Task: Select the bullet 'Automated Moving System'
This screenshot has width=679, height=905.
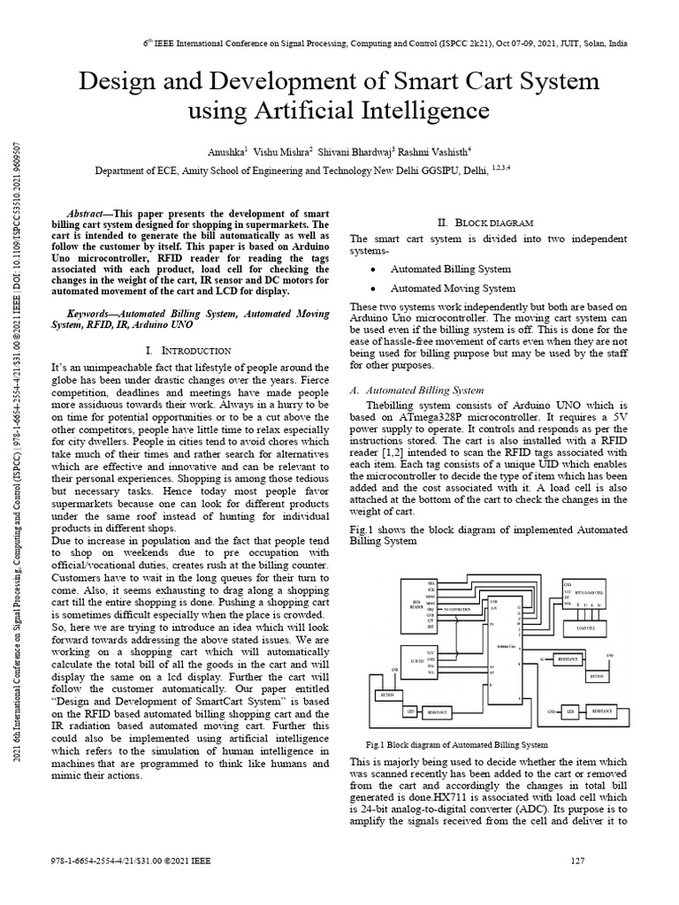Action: click(453, 288)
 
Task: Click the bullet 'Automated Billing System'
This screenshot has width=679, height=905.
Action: click(450, 269)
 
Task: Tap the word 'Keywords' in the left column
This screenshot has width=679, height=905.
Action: click(91, 314)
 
